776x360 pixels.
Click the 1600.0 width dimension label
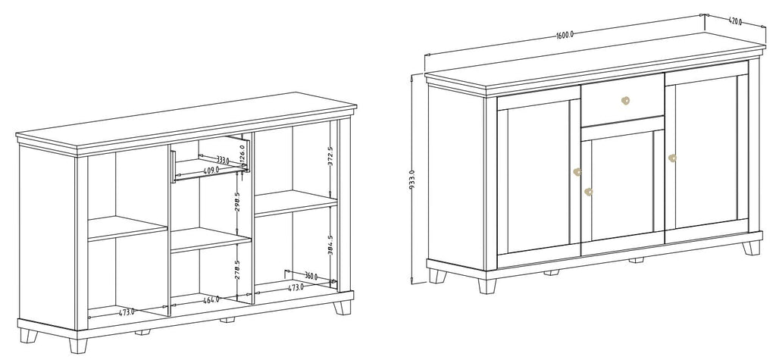(564, 35)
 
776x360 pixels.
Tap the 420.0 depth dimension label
(735, 21)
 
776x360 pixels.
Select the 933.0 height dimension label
(411, 179)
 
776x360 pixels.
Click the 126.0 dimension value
(242, 152)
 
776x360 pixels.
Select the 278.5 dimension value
(237, 270)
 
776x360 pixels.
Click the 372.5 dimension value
(330, 155)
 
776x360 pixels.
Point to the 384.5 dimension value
(330, 245)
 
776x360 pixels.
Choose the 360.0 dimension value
(311, 277)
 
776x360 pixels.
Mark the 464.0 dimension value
(211, 299)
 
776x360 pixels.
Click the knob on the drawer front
(625, 101)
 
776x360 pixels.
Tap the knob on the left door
(577, 172)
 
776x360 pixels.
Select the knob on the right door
(672, 158)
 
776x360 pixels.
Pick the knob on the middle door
(588, 192)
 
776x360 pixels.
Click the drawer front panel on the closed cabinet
(622, 100)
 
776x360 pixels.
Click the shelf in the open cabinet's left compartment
(127, 228)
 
